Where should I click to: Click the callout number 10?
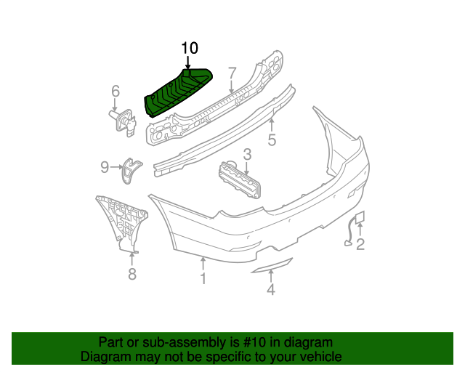(189, 49)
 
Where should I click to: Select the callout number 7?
(232, 73)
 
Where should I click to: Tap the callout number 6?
(115, 91)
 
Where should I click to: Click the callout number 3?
(247, 153)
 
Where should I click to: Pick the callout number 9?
(105, 168)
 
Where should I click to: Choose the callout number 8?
(132, 274)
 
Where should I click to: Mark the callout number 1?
(203, 278)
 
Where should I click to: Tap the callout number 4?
(270, 291)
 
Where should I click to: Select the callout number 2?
(360, 245)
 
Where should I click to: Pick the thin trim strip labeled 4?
(270, 266)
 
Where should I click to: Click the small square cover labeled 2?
(361, 217)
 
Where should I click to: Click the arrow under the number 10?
(187, 65)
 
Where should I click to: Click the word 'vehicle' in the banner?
(318, 357)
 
